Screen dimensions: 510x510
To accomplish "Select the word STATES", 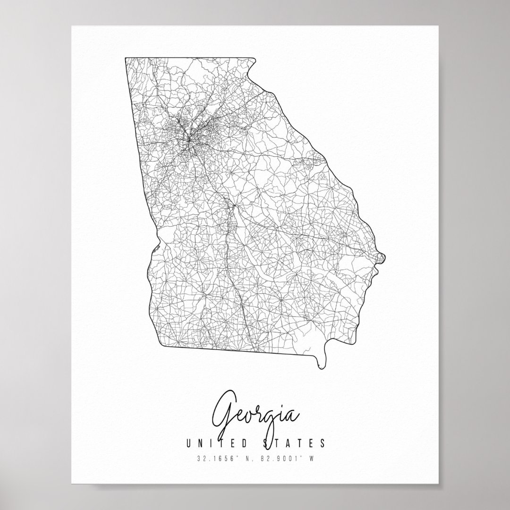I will tap(296, 443).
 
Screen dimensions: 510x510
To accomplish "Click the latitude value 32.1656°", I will tap(215, 458).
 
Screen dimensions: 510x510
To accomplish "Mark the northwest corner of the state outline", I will tap(126, 58).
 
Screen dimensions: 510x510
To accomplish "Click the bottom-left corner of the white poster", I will tap(72, 484).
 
